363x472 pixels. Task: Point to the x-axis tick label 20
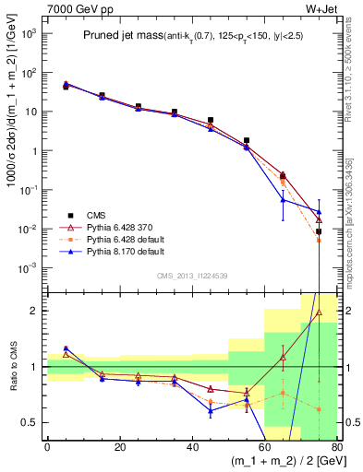click(119, 448)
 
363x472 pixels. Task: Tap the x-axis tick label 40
click(191, 448)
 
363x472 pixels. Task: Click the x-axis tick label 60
click(264, 448)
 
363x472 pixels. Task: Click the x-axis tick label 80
click(335, 448)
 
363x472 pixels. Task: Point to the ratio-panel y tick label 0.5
click(32, 423)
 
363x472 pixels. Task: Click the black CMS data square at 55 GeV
click(246, 141)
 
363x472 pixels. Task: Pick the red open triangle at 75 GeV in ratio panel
click(319, 313)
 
